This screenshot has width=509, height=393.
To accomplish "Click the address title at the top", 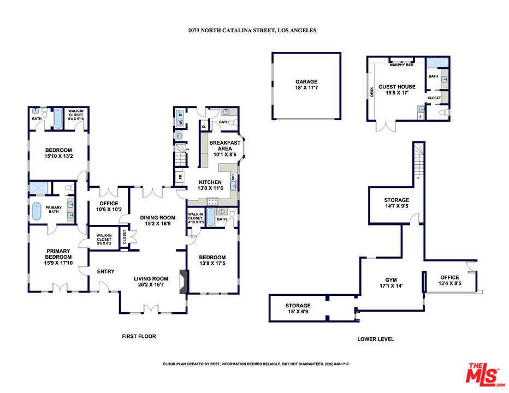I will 252,31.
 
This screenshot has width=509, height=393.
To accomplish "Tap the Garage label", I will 306,82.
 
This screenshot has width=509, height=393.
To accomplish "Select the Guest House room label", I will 397,87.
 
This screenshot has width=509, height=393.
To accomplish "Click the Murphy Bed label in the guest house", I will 401,65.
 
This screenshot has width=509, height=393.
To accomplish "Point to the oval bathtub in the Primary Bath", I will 37,211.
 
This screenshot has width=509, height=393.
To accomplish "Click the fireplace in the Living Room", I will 184,281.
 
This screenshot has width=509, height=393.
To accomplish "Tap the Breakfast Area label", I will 224,145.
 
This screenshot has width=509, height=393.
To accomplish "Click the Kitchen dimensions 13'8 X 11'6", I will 210,188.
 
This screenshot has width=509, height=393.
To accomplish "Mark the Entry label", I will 105,271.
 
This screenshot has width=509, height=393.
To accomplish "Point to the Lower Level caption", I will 375,339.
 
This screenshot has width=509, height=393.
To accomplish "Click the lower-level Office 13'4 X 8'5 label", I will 450,280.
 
